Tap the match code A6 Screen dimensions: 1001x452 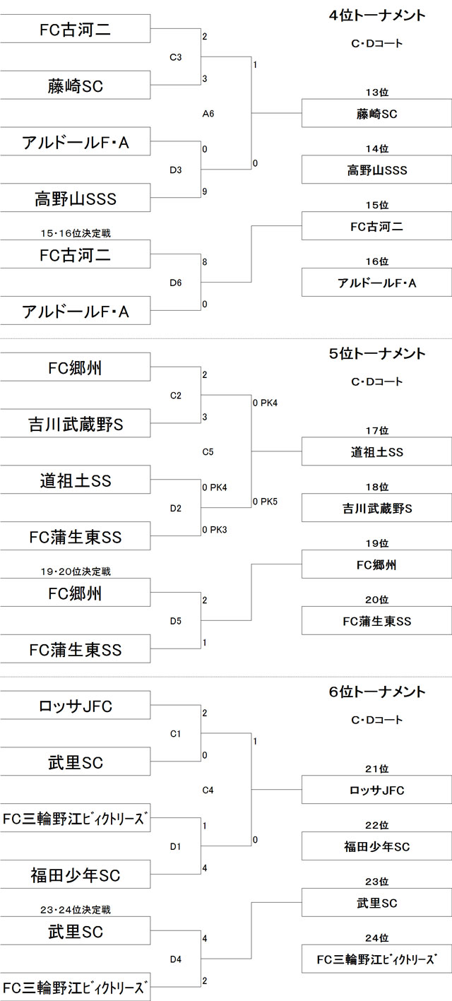click(x=208, y=113)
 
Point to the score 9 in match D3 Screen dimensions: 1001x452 click(x=205, y=191)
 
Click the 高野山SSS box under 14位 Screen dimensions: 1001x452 click(x=377, y=170)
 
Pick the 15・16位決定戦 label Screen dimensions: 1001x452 click(x=76, y=232)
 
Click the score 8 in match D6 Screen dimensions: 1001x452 click(x=205, y=262)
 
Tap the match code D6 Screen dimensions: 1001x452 click(x=176, y=283)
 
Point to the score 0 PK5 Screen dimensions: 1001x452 click(x=265, y=502)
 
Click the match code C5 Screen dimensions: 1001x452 click(x=208, y=451)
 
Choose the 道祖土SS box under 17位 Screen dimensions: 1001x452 click(x=377, y=451)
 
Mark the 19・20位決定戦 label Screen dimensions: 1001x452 click(x=76, y=571)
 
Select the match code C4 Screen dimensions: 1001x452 click(x=208, y=790)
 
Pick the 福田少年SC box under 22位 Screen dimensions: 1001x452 click(x=377, y=846)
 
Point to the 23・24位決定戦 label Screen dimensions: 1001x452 click(x=76, y=909)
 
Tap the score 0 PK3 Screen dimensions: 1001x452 click(x=214, y=529)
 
